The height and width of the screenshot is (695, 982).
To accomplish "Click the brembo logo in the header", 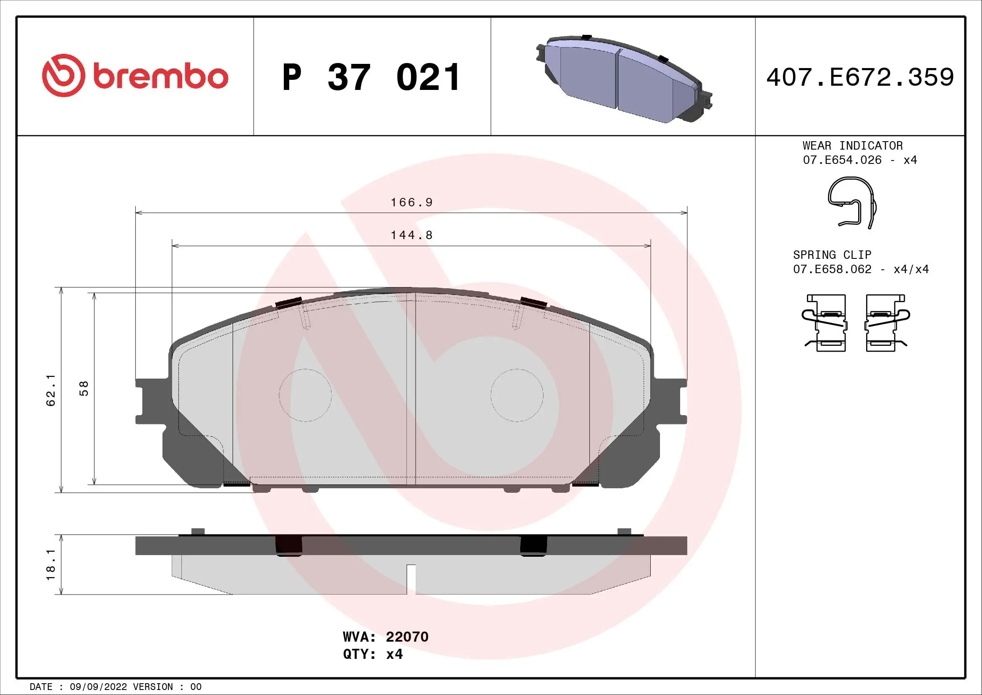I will tap(135, 76).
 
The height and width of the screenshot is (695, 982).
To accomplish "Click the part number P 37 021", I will tap(371, 77).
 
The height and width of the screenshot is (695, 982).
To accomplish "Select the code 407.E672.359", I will tap(860, 77).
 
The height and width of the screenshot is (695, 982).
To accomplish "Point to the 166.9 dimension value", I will tap(411, 203).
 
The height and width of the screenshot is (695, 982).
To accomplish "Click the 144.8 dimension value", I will tap(411, 235).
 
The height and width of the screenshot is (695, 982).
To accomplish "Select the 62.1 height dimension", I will tap(51, 390).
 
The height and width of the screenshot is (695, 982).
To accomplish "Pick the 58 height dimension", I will tap(84, 388).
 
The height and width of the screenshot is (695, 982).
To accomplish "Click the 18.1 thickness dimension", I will tap(51, 564).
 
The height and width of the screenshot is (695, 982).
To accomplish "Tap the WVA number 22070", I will tap(407, 637).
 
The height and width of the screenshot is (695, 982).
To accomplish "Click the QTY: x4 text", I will tap(372, 654).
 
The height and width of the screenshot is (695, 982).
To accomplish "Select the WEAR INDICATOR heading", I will tap(852, 145).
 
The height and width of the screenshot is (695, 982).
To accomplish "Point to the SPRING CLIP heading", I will tap(832, 255).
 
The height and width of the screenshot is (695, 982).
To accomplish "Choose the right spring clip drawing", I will tap(886, 323).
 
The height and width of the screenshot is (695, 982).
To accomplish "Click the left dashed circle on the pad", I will tap(305, 395).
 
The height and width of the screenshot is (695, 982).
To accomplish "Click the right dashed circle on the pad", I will tap(517, 395).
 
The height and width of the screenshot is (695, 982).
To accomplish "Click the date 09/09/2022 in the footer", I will tap(98, 687).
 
